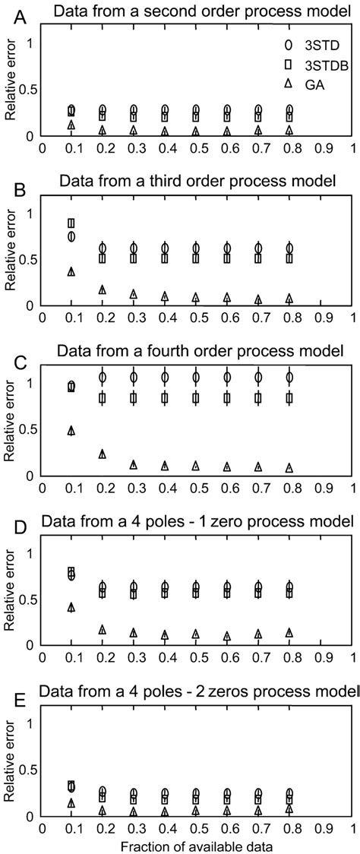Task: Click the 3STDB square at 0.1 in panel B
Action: pyautogui.click(x=71, y=223)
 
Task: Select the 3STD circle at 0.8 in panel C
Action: pyautogui.click(x=289, y=377)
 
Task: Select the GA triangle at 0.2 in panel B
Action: pyautogui.click(x=103, y=289)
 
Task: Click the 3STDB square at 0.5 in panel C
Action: pyautogui.click(x=196, y=398)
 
